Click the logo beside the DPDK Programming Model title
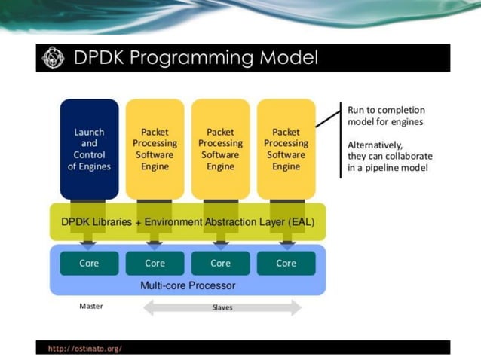pos(54,58)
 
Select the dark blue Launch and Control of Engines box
pos(89,149)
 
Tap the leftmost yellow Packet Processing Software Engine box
pos(155,149)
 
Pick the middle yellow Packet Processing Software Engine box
pos(220,149)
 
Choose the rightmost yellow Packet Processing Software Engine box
pos(286,149)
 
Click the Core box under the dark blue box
pos(89,264)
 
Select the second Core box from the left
pos(155,264)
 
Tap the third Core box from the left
pos(220,264)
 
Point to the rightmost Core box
pos(286,264)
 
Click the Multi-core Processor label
pos(188,285)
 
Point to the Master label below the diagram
pos(91,307)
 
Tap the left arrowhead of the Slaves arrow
pos(150,307)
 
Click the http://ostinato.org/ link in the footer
pos(85,349)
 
